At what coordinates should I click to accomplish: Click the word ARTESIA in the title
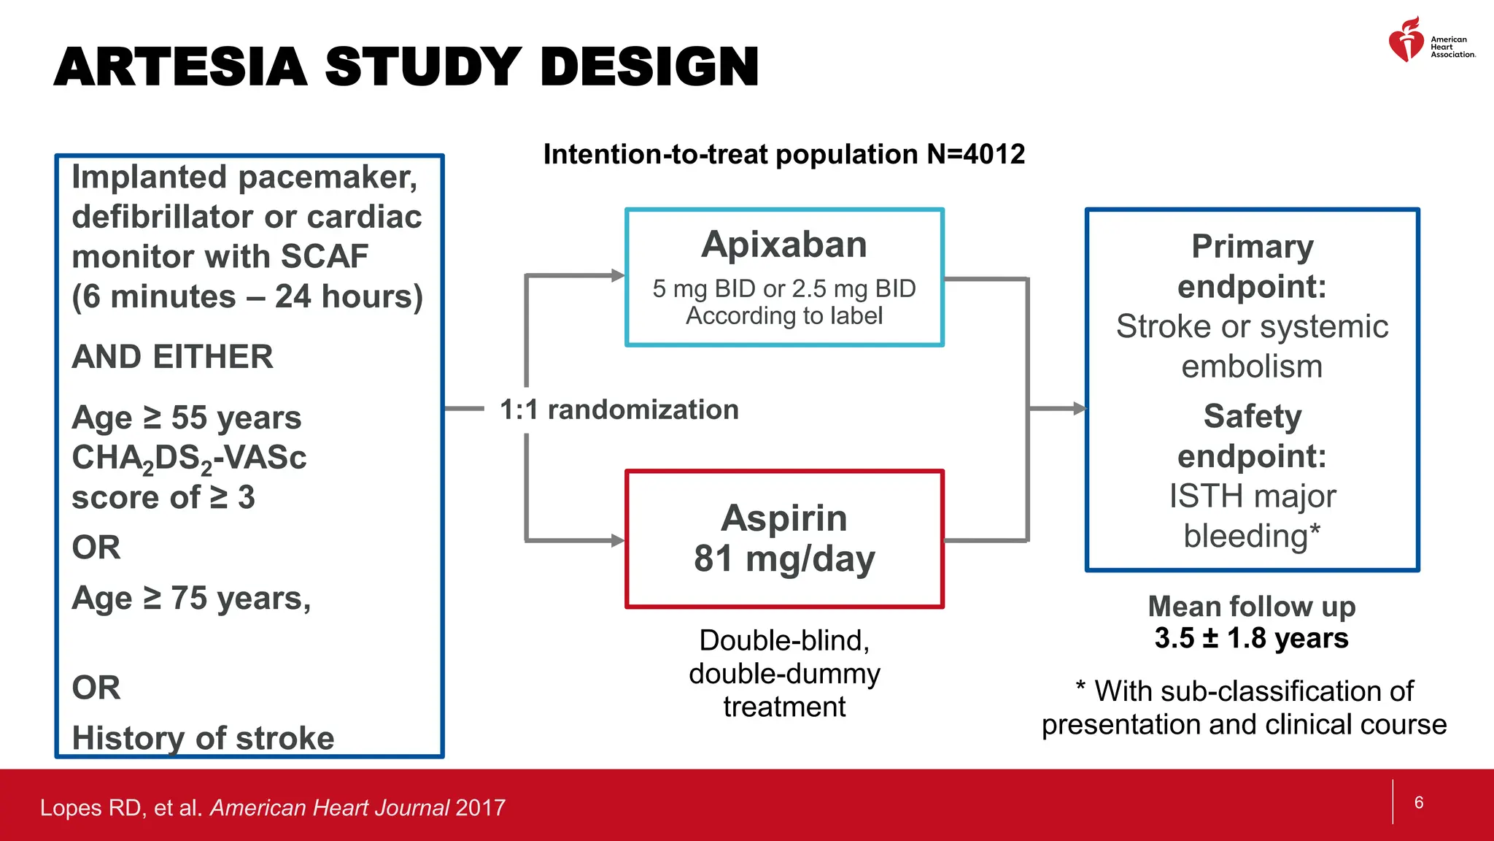180,67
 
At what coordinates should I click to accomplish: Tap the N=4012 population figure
975,155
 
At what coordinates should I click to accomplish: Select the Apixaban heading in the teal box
784,245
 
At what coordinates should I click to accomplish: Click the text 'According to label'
784,316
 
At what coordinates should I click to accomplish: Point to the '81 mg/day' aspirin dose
784,559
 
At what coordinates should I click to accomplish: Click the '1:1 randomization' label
619,410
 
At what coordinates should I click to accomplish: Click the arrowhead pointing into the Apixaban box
618,275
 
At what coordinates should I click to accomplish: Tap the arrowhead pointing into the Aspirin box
618,540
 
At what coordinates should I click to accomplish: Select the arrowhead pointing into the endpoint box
1079,409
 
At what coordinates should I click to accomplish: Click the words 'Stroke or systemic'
1252,326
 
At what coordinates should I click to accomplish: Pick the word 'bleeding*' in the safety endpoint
1252,536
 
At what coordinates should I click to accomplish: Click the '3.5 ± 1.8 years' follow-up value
1251,638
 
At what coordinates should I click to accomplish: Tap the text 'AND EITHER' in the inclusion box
172,357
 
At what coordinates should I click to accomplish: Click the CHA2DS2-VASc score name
189,458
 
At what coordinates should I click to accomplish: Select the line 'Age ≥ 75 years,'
191,599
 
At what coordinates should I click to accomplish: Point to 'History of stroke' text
203,738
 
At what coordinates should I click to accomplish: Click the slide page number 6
1419,802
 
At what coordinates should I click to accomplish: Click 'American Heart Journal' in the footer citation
330,807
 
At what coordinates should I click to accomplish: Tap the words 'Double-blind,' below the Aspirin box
784,640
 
